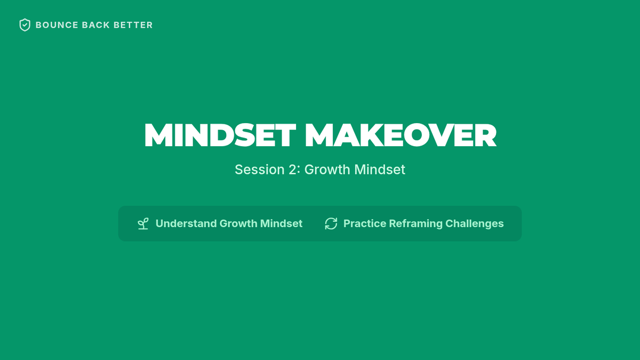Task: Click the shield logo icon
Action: click(x=25, y=25)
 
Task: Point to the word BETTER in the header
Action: click(x=133, y=25)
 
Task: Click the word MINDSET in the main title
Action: click(x=220, y=135)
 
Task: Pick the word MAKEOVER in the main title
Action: click(x=401, y=135)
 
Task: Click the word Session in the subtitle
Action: click(x=260, y=170)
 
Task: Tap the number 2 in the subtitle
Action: click(x=293, y=170)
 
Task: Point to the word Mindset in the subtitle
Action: click(x=380, y=170)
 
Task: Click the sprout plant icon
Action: click(x=143, y=223)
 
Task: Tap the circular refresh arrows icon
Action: click(x=331, y=223)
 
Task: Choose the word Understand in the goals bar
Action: click(x=186, y=223)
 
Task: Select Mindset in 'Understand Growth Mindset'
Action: click(x=281, y=223)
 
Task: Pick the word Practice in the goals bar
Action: click(x=365, y=223)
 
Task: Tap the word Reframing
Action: click(x=415, y=223)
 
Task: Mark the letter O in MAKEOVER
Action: click(x=417, y=135)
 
